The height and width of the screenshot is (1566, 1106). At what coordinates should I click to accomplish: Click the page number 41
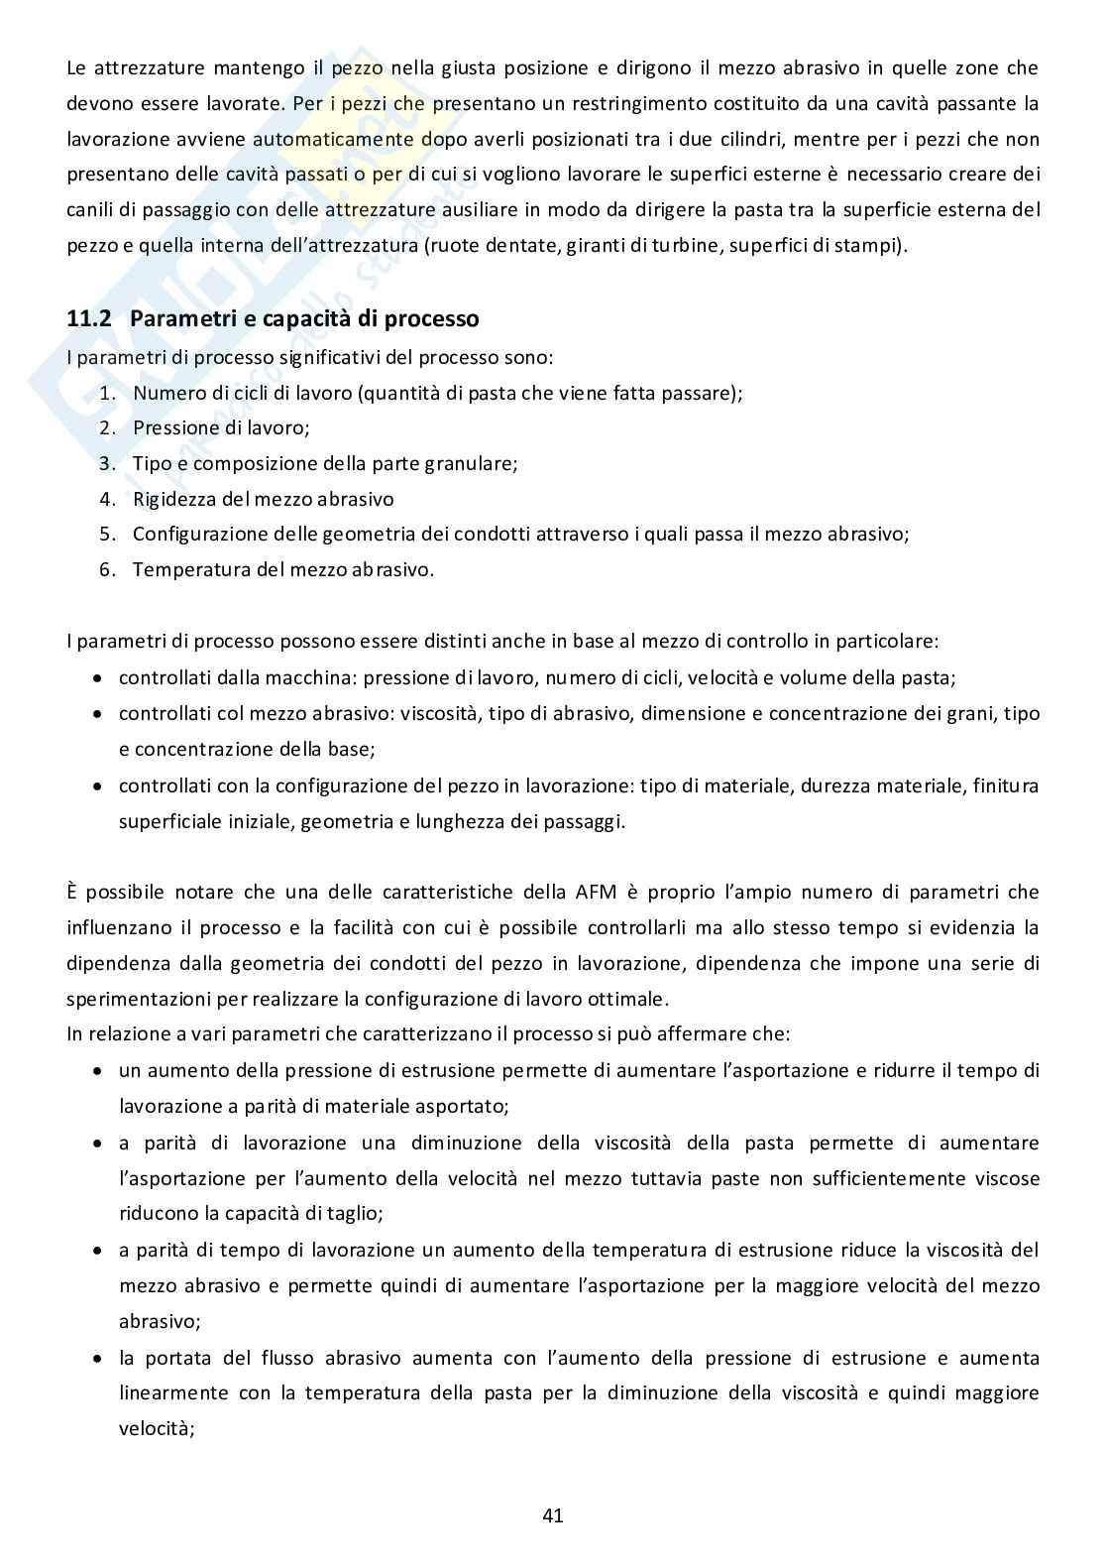(x=553, y=1514)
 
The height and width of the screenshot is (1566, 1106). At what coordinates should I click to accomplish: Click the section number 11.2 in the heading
(x=91, y=319)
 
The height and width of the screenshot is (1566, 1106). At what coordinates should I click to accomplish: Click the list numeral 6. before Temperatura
(x=108, y=570)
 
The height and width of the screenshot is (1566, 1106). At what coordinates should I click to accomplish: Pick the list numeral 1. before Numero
(x=108, y=393)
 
